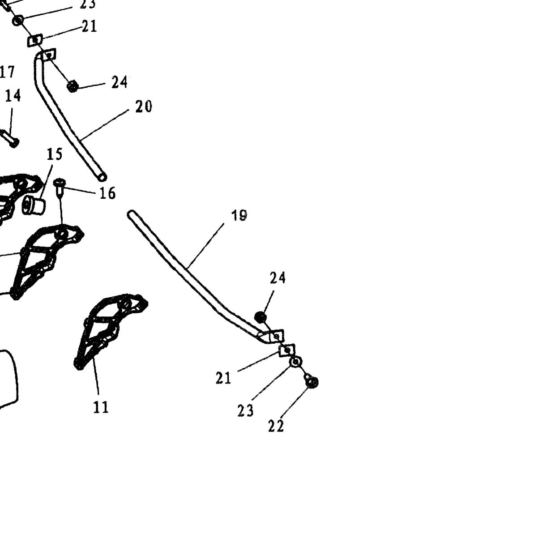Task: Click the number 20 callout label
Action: (143, 107)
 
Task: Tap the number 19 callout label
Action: (239, 215)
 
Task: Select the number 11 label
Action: (101, 407)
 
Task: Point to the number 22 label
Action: (276, 426)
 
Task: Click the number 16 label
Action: (107, 193)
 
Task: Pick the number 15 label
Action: (55, 154)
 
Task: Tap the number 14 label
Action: (13, 96)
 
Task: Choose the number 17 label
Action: (7, 72)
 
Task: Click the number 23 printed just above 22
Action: (245, 410)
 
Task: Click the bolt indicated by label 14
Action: (10, 139)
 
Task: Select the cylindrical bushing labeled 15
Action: (34, 205)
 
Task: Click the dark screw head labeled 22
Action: (312, 382)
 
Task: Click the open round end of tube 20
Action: (102, 177)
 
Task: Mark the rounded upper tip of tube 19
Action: (131, 213)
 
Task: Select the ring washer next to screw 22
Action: (295, 362)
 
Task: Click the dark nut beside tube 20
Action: (73, 86)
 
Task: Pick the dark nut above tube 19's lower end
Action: (260, 317)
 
